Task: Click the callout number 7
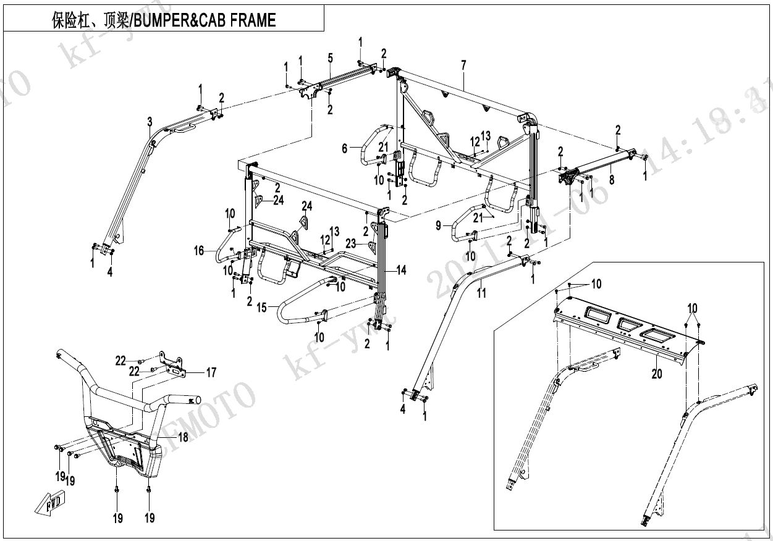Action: tap(463, 65)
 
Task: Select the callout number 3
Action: tap(150, 122)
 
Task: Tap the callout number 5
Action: tap(331, 58)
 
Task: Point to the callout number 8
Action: tap(612, 180)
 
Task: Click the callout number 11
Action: tap(481, 293)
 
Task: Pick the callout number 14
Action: tap(402, 270)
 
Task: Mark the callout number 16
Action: tap(199, 251)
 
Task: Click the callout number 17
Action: tap(211, 372)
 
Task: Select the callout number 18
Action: tap(183, 437)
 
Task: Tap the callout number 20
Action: tap(656, 374)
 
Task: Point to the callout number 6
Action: tap(345, 148)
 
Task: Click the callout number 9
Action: tap(439, 226)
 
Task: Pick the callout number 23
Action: tap(351, 244)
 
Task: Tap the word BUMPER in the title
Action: tap(164, 20)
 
